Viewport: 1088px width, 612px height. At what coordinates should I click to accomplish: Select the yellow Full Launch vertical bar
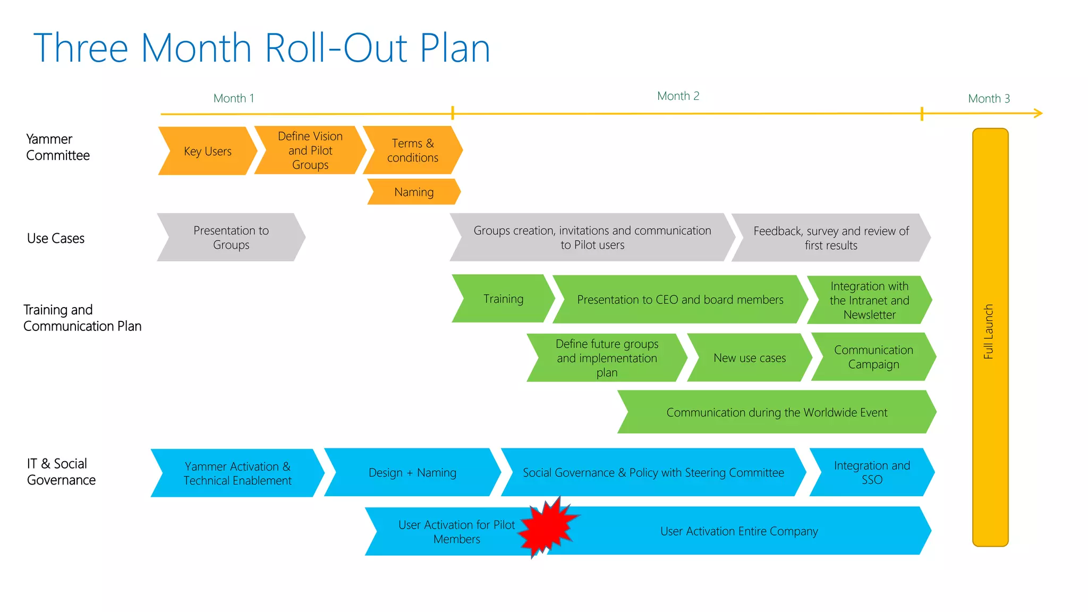tap(990, 337)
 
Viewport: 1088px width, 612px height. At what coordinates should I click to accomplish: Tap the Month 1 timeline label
tap(234, 98)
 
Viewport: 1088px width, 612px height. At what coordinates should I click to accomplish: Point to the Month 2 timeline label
tap(678, 96)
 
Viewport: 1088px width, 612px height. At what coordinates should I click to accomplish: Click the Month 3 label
tap(989, 98)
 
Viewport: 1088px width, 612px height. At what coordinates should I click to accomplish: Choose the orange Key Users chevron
tap(207, 151)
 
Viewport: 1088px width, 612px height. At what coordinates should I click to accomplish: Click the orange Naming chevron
tap(414, 192)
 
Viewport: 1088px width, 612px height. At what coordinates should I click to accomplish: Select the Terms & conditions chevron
tap(413, 150)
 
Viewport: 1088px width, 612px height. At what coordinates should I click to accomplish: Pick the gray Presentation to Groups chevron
tap(231, 237)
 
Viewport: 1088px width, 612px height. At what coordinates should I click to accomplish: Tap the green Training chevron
tap(503, 299)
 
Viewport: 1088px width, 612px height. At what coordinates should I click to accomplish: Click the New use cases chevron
tap(749, 358)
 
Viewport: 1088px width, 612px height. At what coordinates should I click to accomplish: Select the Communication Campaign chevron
tap(873, 357)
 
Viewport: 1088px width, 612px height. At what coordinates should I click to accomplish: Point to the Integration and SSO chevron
tap(872, 472)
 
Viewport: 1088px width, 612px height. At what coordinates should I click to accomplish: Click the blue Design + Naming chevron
tap(412, 472)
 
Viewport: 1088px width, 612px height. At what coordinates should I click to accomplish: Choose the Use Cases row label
tap(56, 239)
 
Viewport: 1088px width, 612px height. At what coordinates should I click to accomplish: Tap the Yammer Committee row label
tap(57, 147)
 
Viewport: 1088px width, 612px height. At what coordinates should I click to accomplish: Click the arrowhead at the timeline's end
tap(1039, 113)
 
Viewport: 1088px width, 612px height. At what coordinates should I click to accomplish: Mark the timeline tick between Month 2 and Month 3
tap(922, 113)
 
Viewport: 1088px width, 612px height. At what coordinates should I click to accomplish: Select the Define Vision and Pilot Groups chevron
tap(310, 150)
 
